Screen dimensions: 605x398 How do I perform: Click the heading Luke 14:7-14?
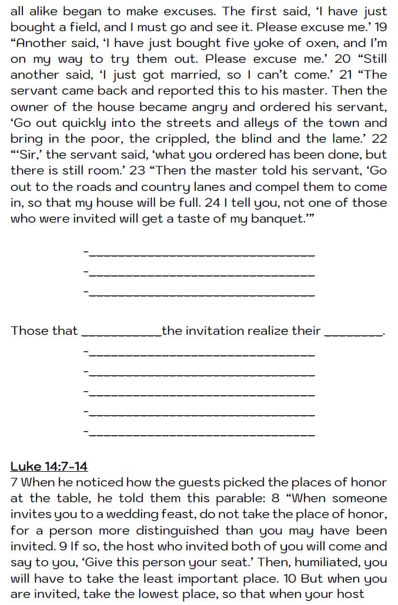coord(49,466)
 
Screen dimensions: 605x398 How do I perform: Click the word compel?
coord(276,187)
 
